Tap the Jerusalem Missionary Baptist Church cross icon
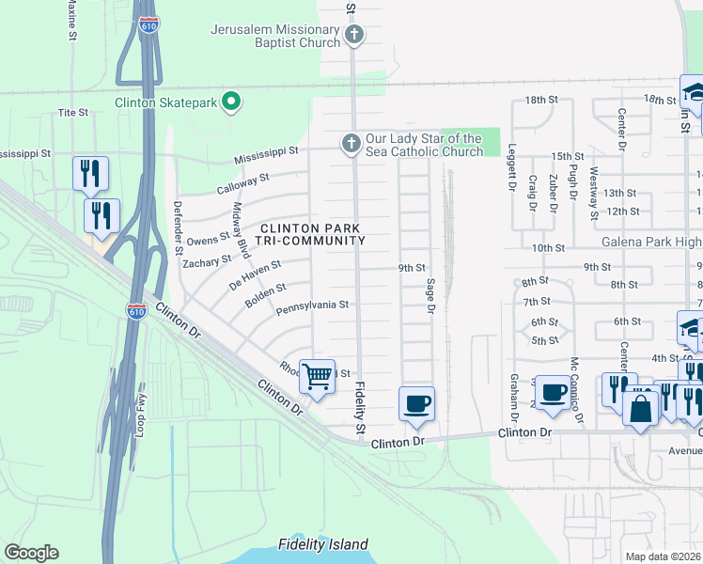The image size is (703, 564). pyautogui.click(x=354, y=36)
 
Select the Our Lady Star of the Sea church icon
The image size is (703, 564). pyautogui.click(x=350, y=144)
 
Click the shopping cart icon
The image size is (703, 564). pyautogui.click(x=317, y=376)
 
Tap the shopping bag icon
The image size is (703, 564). pyautogui.click(x=640, y=409)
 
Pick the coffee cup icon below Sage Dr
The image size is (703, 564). pyautogui.click(x=416, y=403)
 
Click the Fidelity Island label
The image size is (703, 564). pyautogui.click(x=323, y=544)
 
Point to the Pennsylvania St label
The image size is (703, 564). pyautogui.click(x=312, y=305)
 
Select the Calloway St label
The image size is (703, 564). pyautogui.click(x=245, y=177)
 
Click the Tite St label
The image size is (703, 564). pyautogui.click(x=72, y=112)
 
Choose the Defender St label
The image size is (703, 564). pyautogui.click(x=177, y=227)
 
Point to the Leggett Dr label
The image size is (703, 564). pyautogui.click(x=513, y=174)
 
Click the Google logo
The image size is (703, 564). pyautogui.click(x=31, y=552)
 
